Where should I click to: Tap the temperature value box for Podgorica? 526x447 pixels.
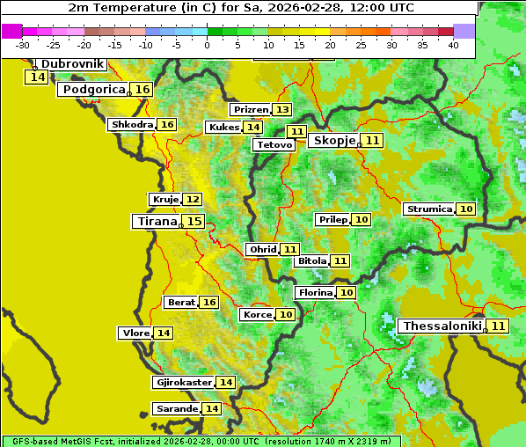click(142, 90)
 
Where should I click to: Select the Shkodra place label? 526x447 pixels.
click(132, 125)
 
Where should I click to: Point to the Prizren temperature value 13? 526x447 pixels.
click(281, 110)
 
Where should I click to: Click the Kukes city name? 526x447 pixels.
click(223, 128)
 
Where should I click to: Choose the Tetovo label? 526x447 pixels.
click(274, 144)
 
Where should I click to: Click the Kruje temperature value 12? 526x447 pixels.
click(192, 200)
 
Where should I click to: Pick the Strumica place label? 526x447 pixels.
click(429, 209)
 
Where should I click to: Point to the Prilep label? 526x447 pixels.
click(332, 219)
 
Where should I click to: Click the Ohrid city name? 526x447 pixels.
click(263, 250)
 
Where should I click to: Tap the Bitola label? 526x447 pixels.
click(312, 261)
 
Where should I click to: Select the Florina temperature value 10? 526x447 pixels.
click(347, 293)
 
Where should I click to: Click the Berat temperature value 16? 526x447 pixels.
click(208, 303)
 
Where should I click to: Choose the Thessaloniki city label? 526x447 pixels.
click(442, 326)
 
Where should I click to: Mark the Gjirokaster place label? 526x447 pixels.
click(183, 383)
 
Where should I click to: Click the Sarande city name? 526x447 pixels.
click(176, 409)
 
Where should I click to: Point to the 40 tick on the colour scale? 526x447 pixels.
click(453, 45)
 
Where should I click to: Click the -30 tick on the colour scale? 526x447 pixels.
click(23, 45)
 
